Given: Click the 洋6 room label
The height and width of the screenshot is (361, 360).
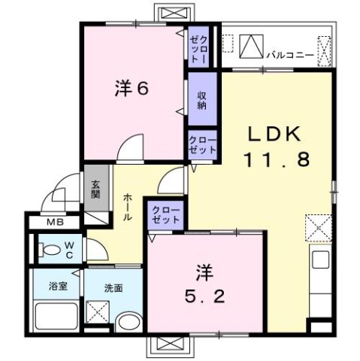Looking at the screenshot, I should pos(131,88).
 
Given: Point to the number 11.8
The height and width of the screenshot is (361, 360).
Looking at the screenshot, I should pos(277,159).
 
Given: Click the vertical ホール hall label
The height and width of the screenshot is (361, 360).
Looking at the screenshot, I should pos(128,205).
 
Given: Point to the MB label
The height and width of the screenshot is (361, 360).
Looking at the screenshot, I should pos(55,223).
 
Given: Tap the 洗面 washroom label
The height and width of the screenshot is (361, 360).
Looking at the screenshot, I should pos(113,287).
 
